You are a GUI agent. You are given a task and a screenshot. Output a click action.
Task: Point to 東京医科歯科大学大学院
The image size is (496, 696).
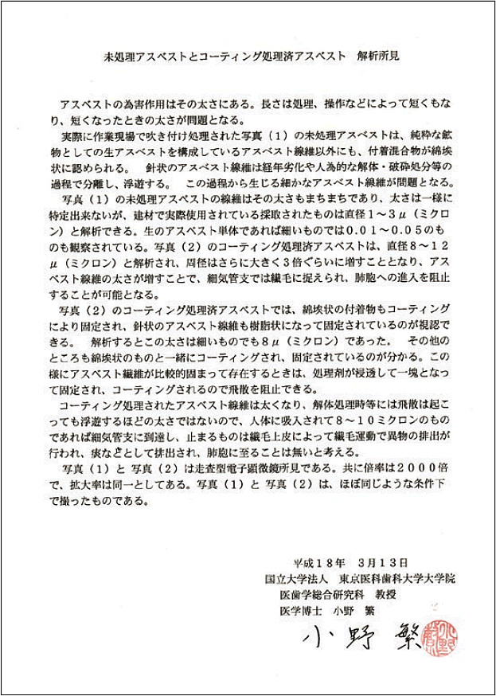coord(396,579)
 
